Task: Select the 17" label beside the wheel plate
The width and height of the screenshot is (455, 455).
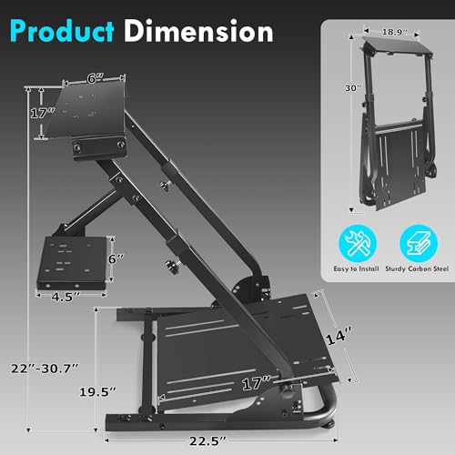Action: point(38,115)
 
